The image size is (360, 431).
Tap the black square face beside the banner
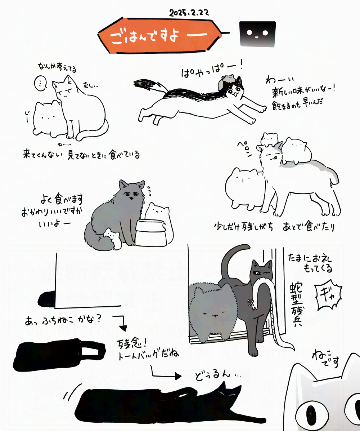[258, 34]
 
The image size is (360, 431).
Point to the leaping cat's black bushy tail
[151, 85]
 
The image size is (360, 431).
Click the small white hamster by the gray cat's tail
[112, 238]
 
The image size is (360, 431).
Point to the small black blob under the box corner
[46, 299]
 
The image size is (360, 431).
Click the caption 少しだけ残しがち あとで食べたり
[274, 227]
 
